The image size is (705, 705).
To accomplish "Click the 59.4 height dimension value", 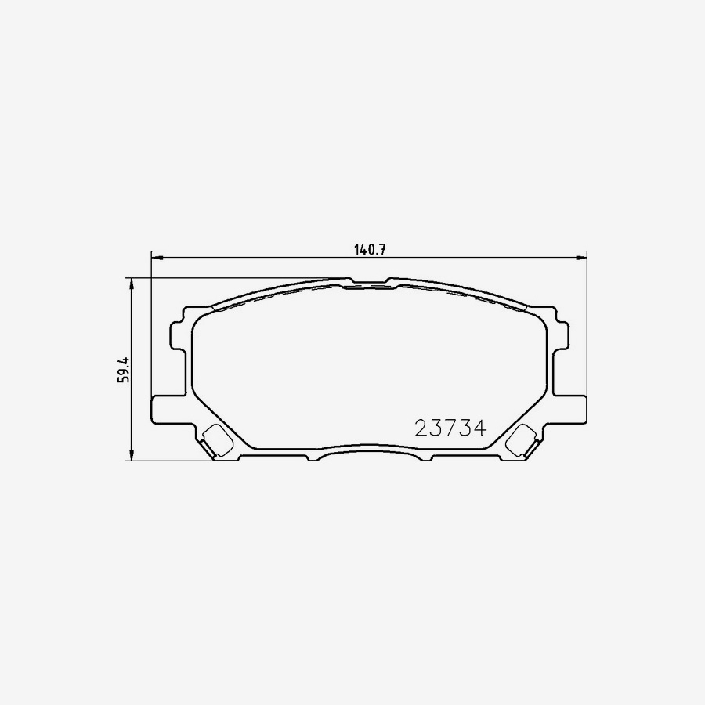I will (x=122, y=368).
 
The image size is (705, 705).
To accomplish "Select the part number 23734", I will (x=450, y=428).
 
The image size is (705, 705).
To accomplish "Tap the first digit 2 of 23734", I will (x=421, y=428).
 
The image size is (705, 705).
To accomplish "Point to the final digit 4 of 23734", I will (x=480, y=428).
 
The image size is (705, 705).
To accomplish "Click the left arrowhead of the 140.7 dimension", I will (x=155, y=256).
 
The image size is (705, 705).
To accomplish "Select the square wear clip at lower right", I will (x=519, y=441).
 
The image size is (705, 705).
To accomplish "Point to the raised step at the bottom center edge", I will (x=368, y=453).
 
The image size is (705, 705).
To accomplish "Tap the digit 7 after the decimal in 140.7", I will (x=386, y=250).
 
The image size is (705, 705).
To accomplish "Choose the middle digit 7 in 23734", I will (x=450, y=428).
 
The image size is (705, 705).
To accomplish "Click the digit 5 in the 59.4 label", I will (x=122, y=379).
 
